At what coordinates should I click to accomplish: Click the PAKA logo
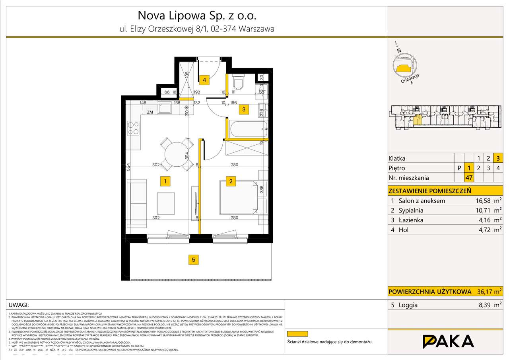click(448, 341)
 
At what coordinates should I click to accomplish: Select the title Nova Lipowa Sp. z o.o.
click(197, 16)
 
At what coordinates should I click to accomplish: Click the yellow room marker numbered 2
click(231, 181)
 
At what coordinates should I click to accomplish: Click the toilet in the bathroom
click(239, 82)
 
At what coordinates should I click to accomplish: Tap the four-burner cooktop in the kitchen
click(133, 128)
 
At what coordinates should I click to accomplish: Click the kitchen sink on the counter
click(164, 108)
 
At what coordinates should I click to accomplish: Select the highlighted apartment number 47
click(469, 178)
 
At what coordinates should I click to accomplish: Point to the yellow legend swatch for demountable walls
click(298, 333)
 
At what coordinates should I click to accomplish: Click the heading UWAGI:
click(19, 305)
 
